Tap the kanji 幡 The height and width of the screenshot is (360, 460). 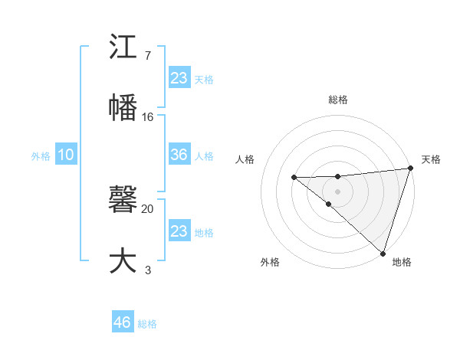click(123, 107)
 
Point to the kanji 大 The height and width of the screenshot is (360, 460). click(123, 259)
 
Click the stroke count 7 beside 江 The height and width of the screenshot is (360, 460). click(147, 55)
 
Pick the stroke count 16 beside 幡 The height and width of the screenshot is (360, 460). click(148, 116)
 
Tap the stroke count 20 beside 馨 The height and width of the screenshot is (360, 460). click(148, 208)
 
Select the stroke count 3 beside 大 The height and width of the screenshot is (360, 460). click(148, 269)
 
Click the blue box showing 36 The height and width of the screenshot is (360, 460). click(179, 155)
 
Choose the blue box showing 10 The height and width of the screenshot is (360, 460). click(66, 155)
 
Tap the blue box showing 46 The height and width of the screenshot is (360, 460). click(123, 322)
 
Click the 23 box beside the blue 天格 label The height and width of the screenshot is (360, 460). click(179, 78)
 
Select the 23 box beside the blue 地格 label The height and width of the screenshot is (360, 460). click(179, 231)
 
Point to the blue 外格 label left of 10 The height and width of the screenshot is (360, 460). click(41, 155)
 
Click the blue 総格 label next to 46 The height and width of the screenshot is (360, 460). click(147, 323)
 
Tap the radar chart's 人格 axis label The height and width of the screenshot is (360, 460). click(245, 159)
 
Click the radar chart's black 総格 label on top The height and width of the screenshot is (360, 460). click(337, 100)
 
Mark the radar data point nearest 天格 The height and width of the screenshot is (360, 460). click(410, 169)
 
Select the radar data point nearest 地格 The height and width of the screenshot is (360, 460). click(383, 253)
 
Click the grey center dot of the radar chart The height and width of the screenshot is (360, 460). click(337, 188)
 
